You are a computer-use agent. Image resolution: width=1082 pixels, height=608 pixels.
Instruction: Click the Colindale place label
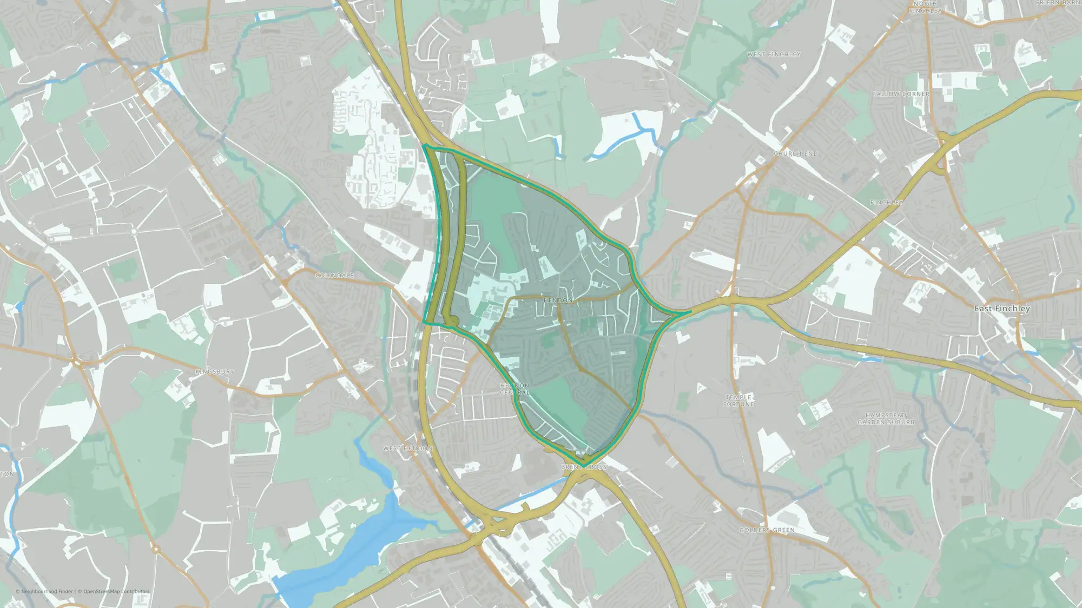334,276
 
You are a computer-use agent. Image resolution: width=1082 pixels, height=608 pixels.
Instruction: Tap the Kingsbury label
215,372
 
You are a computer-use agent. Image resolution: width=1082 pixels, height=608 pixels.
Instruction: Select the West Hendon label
408,449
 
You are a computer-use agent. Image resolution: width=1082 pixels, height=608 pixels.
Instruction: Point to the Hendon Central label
514,389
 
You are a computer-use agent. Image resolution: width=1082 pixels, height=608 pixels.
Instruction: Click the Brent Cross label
584,467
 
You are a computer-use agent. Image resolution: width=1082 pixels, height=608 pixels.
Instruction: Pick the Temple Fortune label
739,400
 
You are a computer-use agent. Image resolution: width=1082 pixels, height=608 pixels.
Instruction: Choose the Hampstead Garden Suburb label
886,419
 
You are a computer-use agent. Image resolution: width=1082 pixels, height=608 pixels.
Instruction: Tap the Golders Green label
767,530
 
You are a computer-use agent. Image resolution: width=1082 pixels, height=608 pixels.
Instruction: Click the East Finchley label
1002,309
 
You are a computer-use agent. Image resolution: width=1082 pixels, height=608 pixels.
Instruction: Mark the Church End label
795,154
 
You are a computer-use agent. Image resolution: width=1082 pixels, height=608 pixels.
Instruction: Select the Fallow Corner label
901,94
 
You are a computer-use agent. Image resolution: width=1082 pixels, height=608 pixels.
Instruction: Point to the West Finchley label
774,55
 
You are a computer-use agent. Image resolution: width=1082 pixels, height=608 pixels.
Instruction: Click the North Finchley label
926,7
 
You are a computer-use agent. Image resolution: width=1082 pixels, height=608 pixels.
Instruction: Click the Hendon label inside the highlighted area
558,300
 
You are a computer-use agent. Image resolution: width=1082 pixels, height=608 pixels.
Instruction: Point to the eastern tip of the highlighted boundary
690,312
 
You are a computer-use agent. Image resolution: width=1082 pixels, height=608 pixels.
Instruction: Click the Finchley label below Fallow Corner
886,203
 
